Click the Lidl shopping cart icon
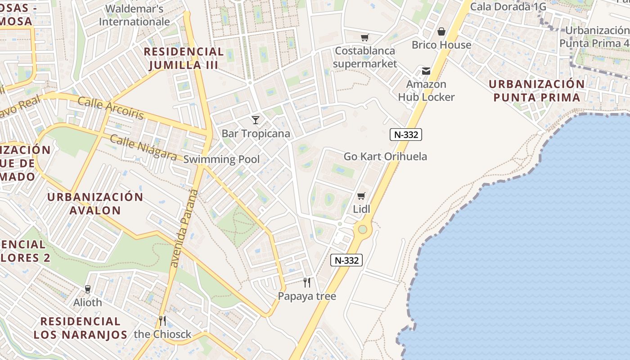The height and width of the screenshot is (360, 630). (361, 196)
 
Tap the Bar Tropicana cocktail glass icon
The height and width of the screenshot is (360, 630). (256, 120)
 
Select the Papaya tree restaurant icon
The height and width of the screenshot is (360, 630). (307, 283)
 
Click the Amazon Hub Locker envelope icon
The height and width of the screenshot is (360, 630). (426, 71)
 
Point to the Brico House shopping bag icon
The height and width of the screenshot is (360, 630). (441, 31)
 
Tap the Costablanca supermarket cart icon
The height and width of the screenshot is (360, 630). (364, 37)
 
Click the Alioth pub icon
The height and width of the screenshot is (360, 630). (88, 289)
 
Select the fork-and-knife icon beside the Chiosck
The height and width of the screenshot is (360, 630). (162, 321)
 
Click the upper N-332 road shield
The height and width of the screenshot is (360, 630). (406, 134)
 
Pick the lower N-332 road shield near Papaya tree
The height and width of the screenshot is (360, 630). (346, 260)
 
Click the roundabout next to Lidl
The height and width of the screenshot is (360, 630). (362, 229)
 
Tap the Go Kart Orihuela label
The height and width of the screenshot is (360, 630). (385, 157)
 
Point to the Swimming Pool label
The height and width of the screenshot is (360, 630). (221, 159)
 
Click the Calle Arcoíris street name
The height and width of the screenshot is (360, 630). (111, 108)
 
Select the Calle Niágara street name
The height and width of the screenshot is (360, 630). (143, 147)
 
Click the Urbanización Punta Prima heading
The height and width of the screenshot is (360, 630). (536, 91)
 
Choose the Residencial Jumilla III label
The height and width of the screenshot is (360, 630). (184, 58)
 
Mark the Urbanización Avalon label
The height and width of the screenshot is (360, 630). (95, 203)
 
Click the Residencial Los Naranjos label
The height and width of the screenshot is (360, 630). (80, 328)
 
